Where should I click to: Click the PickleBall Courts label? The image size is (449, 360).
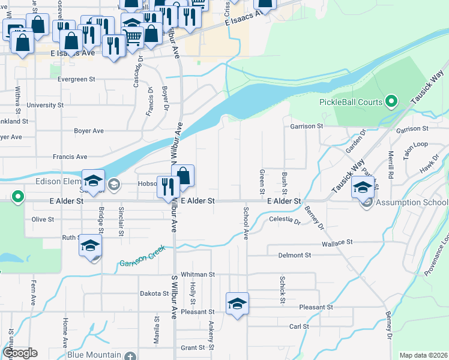351,102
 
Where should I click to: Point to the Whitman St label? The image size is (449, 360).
197,274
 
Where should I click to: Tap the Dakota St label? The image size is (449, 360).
154,293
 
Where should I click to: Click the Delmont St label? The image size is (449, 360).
294,255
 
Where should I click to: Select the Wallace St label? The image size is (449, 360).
336,243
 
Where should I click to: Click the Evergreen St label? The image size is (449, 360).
77,79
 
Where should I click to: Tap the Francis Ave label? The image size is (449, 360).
70,157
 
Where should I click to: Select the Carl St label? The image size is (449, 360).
299,326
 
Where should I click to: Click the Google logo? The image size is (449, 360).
19,353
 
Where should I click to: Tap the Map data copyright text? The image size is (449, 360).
423,355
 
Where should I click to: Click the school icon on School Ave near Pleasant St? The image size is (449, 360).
237,303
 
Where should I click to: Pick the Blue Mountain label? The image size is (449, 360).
94,355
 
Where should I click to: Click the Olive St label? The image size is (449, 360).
43,220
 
